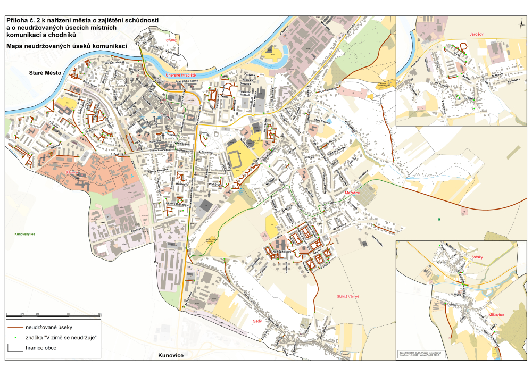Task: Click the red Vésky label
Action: [477, 257]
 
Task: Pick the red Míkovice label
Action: [495, 315]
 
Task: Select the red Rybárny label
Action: [170, 40]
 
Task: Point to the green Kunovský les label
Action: [26, 233]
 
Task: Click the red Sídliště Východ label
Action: [348, 296]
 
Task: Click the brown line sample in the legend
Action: [22, 327]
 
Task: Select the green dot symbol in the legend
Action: [15, 338]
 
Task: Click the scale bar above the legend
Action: [53, 316]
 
